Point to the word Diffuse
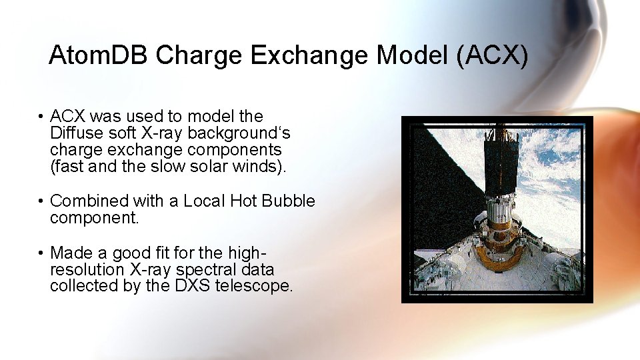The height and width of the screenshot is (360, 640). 73,133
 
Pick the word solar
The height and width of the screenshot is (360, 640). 209,167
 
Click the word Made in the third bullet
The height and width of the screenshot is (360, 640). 69,253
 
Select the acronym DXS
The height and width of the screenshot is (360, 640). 189,287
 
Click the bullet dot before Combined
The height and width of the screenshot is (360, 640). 41,201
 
